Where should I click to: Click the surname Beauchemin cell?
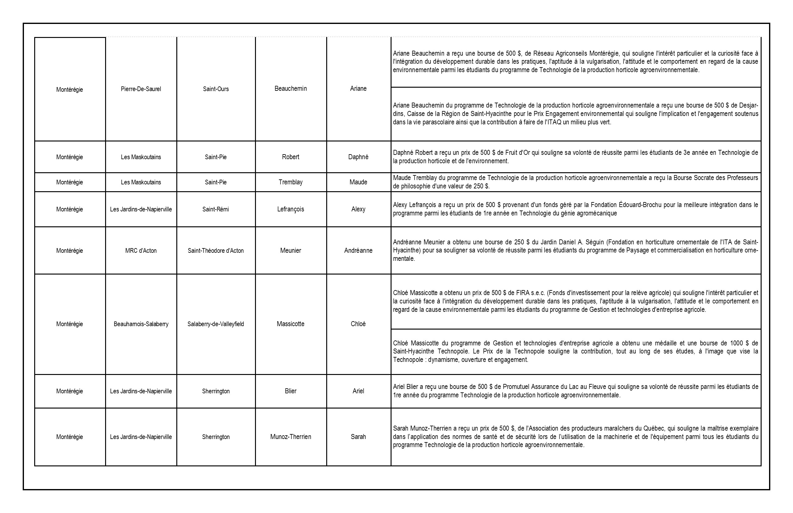tap(290, 89)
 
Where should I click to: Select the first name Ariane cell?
tap(358, 89)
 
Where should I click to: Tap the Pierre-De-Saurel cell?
tap(141, 89)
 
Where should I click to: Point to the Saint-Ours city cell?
tap(216, 89)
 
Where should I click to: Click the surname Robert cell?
tap(290, 157)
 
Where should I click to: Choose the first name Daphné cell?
tap(358, 157)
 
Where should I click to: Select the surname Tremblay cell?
tap(290, 182)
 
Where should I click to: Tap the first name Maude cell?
tap(358, 182)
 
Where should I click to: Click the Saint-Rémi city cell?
tap(216, 209)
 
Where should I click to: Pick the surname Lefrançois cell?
tap(290, 209)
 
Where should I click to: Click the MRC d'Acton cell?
tap(141, 251)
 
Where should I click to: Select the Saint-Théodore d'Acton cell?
tap(216, 251)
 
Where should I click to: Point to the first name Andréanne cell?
tap(358, 251)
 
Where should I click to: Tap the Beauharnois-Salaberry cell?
tap(141, 324)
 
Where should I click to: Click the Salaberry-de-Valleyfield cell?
tap(216, 324)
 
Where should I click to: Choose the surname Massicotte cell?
tap(290, 324)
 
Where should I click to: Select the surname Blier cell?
tap(290, 391)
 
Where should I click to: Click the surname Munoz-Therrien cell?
tap(290, 437)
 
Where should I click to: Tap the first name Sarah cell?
tap(358, 437)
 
